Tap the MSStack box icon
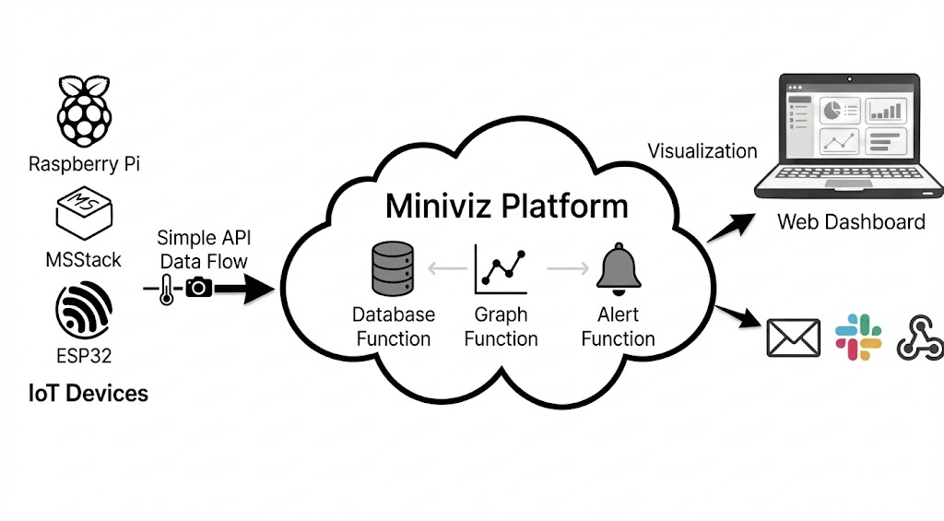[84, 213]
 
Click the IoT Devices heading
[88, 394]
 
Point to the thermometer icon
[165, 290]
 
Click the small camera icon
[199, 288]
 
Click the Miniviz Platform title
[506, 205]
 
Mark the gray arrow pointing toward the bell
[568, 269]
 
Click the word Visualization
[702, 151]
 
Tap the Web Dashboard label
[851, 222]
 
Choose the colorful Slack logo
[858, 337]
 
